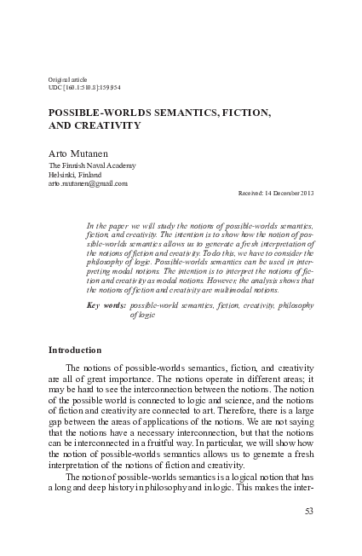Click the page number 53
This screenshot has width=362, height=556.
(308, 512)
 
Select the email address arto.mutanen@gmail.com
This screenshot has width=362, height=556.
(88, 182)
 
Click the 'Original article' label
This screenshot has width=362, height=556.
(68, 79)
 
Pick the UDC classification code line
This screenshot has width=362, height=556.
(99, 89)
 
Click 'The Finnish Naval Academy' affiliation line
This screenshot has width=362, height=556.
(91, 165)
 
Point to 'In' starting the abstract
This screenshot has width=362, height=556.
(91, 225)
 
